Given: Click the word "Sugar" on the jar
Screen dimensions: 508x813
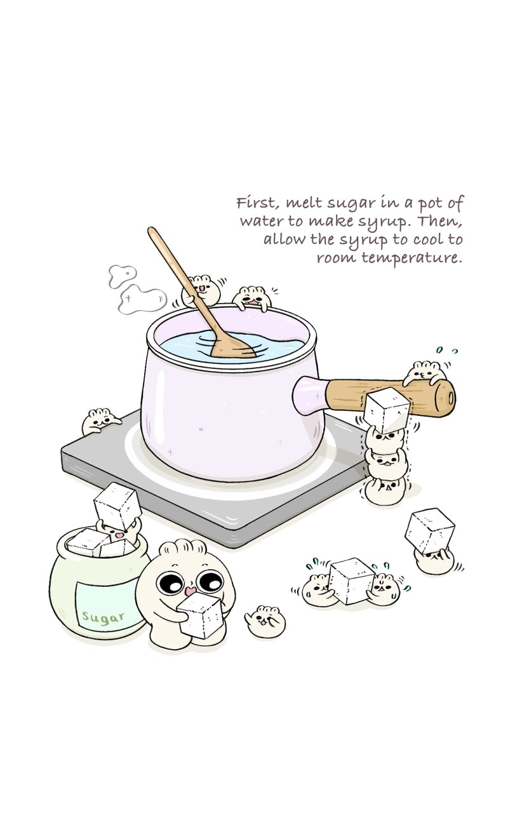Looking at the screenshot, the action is coord(104,617).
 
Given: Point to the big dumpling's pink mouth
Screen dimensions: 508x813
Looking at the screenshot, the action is coord(190,591).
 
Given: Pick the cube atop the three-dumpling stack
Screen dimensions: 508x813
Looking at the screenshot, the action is coord(387,410).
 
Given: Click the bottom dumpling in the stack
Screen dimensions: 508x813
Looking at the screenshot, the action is coord(385,491).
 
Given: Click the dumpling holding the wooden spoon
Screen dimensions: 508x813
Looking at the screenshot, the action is coord(201,291).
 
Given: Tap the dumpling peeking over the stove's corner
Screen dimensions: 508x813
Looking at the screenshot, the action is coord(99,421).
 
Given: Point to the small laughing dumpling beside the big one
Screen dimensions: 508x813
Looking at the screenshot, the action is coord(265,621).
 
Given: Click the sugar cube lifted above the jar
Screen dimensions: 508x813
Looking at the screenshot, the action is coord(117,506).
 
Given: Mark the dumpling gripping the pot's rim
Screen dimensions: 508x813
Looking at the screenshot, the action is coord(252,299).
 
